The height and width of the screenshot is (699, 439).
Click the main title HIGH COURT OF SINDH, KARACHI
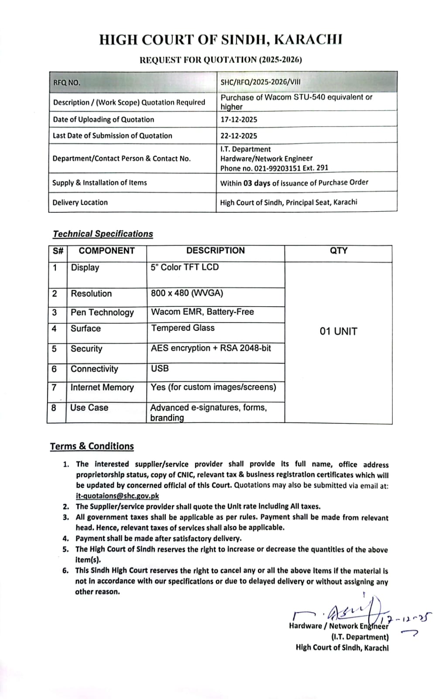[x=220, y=40]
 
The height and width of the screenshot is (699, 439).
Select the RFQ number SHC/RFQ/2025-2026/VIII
[x=261, y=82]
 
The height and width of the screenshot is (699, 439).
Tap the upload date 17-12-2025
[x=239, y=119]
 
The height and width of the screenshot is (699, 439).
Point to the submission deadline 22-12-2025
[x=239, y=136]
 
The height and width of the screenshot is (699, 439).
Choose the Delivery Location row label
[x=80, y=202]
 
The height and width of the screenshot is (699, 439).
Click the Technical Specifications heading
[x=103, y=234]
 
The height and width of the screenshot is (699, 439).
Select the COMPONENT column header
[x=106, y=251]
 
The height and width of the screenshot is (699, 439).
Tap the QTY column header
[x=339, y=251]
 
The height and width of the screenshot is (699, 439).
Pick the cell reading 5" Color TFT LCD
[x=185, y=267]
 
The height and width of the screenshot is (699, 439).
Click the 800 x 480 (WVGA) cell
[x=187, y=293]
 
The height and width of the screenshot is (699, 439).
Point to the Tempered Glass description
[x=183, y=328]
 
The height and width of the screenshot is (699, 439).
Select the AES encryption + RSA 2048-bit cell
[x=211, y=348]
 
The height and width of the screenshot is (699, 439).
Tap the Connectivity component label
[x=94, y=369]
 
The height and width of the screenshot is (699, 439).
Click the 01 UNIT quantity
[x=338, y=331]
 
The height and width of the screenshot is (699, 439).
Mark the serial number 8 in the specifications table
[x=54, y=408]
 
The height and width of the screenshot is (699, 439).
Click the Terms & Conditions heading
[x=92, y=446]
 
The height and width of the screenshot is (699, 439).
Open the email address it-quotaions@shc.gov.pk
[x=117, y=496]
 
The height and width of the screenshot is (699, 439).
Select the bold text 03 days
[x=257, y=183]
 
